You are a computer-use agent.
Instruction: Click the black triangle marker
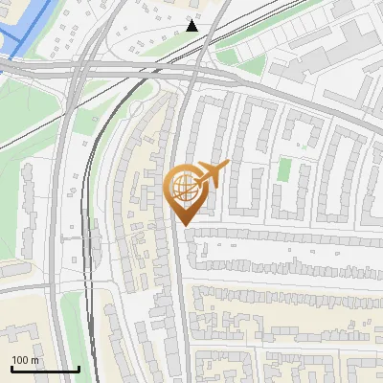pyautogui.click(x=191, y=26)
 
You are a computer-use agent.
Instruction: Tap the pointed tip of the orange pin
pyautogui.click(x=185, y=224)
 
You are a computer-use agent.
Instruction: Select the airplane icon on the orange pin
pyautogui.click(x=211, y=174)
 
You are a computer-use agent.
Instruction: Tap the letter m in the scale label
pyautogui.click(x=35, y=360)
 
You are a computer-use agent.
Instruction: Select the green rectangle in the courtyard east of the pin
pyautogui.click(x=283, y=170)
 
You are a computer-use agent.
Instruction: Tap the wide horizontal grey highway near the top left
pyautogui.click(x=38, y=69)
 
